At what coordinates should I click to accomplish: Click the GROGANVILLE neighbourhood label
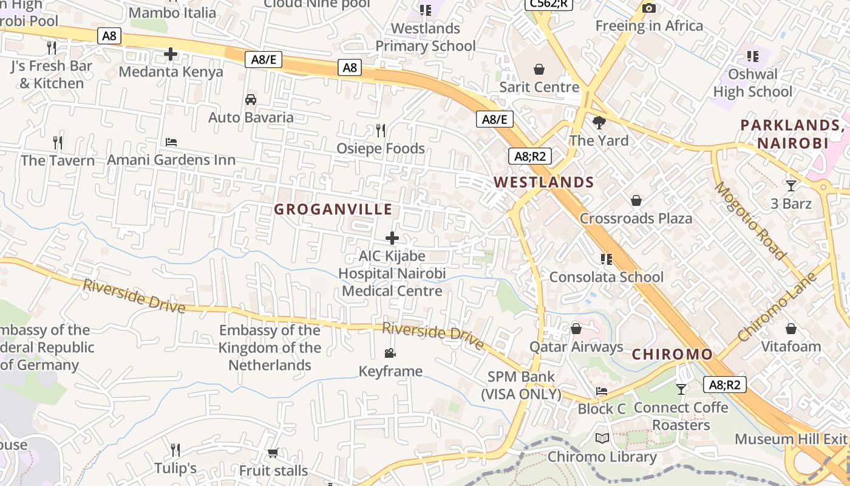333,210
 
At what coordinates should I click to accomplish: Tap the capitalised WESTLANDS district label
543,182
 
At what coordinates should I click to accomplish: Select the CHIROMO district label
672,354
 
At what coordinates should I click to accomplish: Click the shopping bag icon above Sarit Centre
539,69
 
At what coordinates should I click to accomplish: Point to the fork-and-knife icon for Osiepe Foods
381,131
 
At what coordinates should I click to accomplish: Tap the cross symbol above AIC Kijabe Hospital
392,238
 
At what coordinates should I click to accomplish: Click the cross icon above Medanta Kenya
171,54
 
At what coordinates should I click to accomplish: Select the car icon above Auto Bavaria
250,100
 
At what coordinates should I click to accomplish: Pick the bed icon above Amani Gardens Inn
171,142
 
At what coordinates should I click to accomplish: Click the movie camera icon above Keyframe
390,353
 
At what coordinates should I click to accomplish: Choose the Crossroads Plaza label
636,219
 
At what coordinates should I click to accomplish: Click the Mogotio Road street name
750,221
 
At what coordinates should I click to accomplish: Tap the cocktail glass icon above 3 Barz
790,185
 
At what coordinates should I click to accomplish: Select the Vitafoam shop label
791,347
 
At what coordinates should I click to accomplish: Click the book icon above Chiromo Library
602,439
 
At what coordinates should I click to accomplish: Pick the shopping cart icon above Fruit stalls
273,453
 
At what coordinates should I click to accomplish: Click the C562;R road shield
549,4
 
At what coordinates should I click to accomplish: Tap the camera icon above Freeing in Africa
648,8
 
